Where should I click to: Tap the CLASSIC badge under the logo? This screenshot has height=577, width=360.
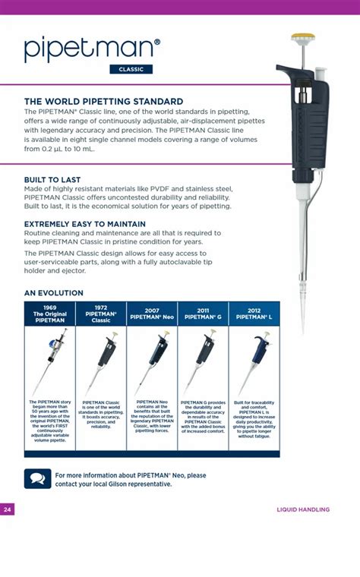click(131, 70)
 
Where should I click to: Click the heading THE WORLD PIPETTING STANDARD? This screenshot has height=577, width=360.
click(103, 101)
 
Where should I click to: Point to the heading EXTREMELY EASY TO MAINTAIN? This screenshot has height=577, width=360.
click(84, 224)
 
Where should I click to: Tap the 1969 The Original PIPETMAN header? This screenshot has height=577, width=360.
click(50, 314)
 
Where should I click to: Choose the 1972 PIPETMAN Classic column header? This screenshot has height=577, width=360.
click(101, 314)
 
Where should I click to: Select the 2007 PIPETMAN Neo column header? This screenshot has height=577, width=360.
click(152, 314)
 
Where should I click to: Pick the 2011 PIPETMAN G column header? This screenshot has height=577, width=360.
click(203, 314)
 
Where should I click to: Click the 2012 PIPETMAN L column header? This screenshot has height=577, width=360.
click(254, 314)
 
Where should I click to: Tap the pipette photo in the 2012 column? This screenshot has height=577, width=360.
click(254, 361)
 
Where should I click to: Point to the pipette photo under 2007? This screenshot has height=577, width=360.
click(152, 361)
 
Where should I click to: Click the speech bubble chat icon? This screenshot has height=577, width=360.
click(37, 479)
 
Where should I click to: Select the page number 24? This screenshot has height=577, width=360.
click(7, 509)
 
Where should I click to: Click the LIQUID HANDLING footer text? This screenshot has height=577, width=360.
click(303, 509)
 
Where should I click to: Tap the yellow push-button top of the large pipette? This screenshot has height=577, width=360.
click(303, 36)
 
